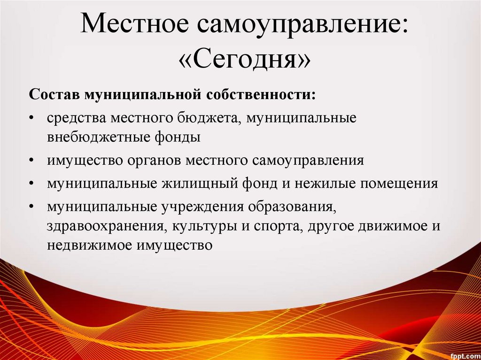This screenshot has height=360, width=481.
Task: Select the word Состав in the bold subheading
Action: pyautogui.click(x=55, y=94)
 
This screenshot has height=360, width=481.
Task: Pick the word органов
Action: pyautogui.click(x=154, y=160)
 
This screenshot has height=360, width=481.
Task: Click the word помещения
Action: pyautogui.click(x=399, y=183)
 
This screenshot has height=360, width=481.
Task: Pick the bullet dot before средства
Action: pyautogui.click(x=31, y=117)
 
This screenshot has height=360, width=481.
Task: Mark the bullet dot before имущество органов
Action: pyautogui.click(x=31, y=160)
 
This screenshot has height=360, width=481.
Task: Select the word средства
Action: pyautogui.click(x=76, y=117)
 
